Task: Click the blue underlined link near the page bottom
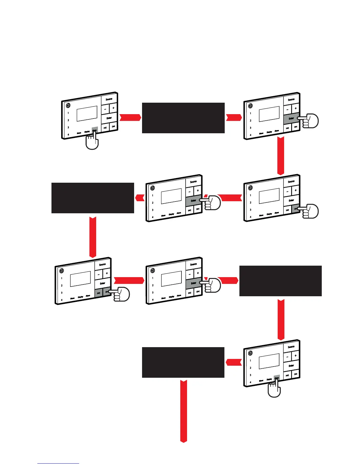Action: (58, 463)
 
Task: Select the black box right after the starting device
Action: (183, 118)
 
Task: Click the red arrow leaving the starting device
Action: (130, 117)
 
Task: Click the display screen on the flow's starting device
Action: (87, 114)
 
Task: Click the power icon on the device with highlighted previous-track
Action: (61, 271)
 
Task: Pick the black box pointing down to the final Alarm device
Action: (281, 281)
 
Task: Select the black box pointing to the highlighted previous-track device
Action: (93, 198)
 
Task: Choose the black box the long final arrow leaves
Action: (183, 362)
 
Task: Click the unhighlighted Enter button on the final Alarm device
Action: (291, 366)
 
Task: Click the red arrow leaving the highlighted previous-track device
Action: (129, 280)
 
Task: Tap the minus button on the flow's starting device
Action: (105, 109)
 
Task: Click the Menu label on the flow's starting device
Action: (79, 133)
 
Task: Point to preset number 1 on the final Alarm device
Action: (250, 360)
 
